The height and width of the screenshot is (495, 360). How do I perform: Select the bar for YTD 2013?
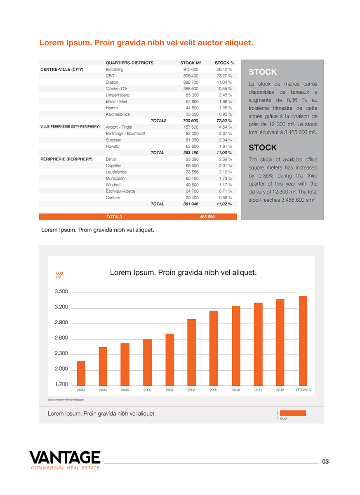pos(303,340)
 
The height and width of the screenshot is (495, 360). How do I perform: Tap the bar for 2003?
pos(81,373)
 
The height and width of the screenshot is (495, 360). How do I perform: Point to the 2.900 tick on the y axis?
pos(61,323)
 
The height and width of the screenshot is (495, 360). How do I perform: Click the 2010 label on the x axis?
pos(236,390)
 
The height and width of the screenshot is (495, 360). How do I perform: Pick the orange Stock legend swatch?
pos(293,413)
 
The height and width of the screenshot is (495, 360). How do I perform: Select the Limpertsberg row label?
pos(118,95)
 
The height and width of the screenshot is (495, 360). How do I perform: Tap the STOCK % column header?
pos(224,63)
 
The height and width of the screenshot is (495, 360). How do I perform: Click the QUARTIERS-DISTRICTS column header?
pos(129,63)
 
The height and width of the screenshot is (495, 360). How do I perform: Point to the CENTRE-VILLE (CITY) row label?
pos(62,69)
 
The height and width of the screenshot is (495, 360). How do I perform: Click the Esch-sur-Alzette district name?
pos(120,191)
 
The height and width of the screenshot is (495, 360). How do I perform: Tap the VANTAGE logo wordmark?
pos(65,457)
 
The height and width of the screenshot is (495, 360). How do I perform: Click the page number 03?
pos(325,462)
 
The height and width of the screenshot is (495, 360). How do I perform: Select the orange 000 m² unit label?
pos(59,275)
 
